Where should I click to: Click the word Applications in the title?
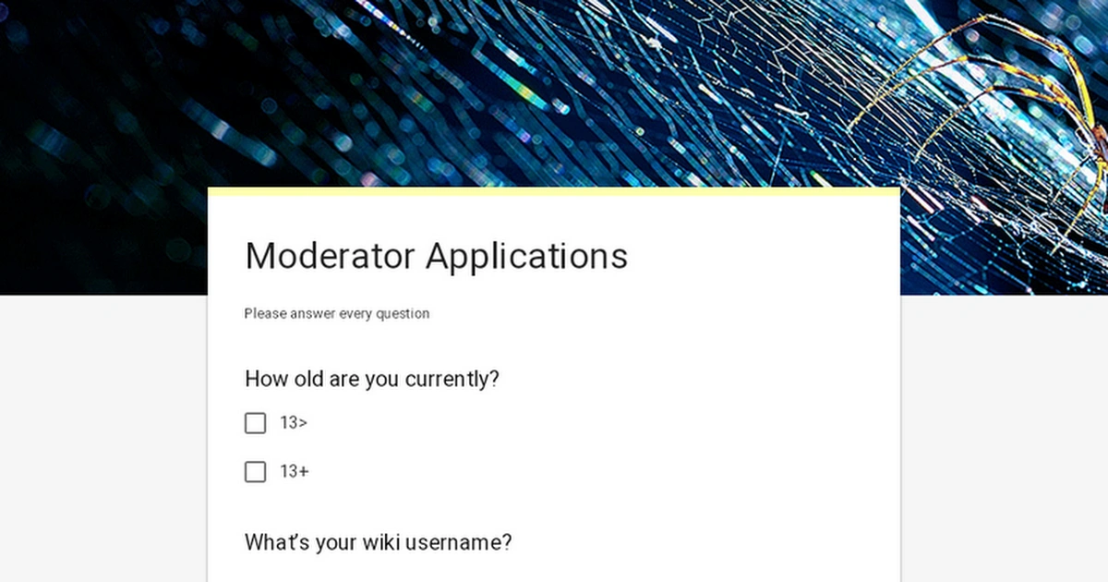[526, 256]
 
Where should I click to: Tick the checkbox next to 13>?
[255, 423]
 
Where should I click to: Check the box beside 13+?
[255, 472]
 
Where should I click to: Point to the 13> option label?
[294, 423]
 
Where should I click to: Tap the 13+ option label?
[295, 472]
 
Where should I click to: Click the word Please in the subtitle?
[265, 313]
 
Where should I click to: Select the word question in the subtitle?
[403, 313]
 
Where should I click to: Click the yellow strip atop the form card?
[554, 191]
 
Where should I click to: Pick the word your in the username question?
[335, 542]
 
